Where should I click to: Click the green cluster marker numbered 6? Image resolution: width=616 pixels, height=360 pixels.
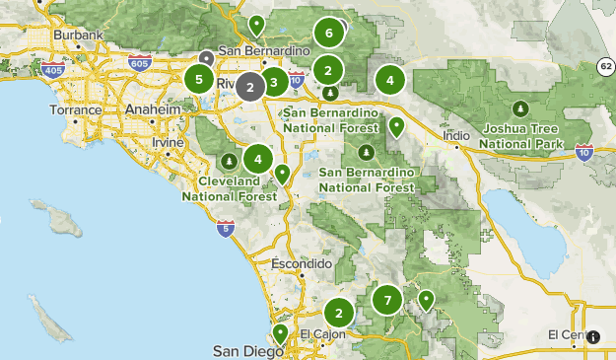(x=329, y=34)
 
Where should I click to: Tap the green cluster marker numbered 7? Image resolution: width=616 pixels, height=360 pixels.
(x=387, y=301)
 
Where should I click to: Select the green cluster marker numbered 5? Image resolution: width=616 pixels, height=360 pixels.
(x=200, y=79)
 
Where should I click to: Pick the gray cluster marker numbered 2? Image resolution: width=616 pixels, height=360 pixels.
(x=250, y=86)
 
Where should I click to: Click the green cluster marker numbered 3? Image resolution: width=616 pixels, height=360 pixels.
(x=274, y=83)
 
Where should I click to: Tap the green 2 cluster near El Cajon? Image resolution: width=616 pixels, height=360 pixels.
(x=339, y=314)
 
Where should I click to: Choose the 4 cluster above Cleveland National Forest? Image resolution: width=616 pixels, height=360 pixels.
(x=258, y=158)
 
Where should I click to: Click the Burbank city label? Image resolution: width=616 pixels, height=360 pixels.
(x=79, y=36)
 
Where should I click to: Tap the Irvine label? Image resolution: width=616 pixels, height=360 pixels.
(x=169, y=143)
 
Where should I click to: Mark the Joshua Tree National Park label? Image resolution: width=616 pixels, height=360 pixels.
(x=519, y=136)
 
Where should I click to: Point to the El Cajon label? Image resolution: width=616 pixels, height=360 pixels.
(x=319, y=332)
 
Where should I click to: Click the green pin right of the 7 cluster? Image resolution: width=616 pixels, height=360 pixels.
(x=426, y=299)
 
